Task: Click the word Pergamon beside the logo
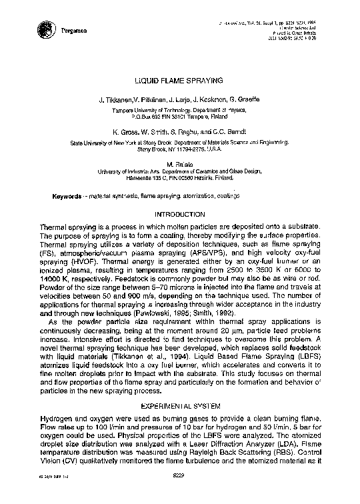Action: click(x=71, y=31)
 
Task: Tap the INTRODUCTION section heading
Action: click(x=179, y=214)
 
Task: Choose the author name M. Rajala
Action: click(x=179, y=163)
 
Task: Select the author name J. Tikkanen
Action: click(x=116, y=99)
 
